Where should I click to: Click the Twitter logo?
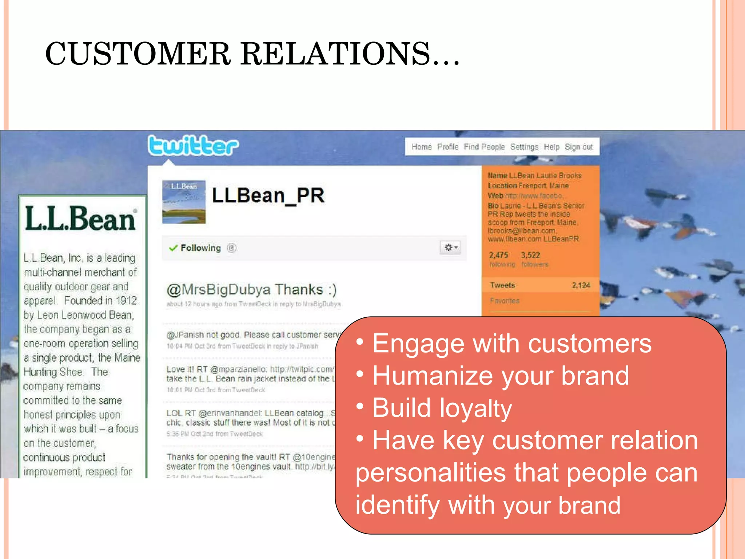[x=193, y=146]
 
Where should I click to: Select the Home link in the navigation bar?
[x=422, y=147]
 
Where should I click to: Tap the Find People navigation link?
[x=484, y=147]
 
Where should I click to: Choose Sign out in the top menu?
[x=578, y=147]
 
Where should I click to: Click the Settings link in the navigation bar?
[x=524, y=147]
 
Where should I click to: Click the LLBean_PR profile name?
[x=268, y=196]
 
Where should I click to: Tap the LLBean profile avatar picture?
[x=184, y=202]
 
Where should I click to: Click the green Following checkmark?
[x=173, y=248]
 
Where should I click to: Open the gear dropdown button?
[x=450, y=247]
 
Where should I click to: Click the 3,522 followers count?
[x=530, y=255]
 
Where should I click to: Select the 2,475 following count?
[x=498, y=255]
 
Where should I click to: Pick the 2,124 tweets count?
[x=581, y=285]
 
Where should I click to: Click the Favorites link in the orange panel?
[x=505, y=301]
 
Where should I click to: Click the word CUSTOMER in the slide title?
[x=138, y=54]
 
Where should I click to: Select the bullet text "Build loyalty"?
[x=442, y=408]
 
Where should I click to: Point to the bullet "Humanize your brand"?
[x=501, y=376]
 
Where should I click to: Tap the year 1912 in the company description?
[x=126, y=301]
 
